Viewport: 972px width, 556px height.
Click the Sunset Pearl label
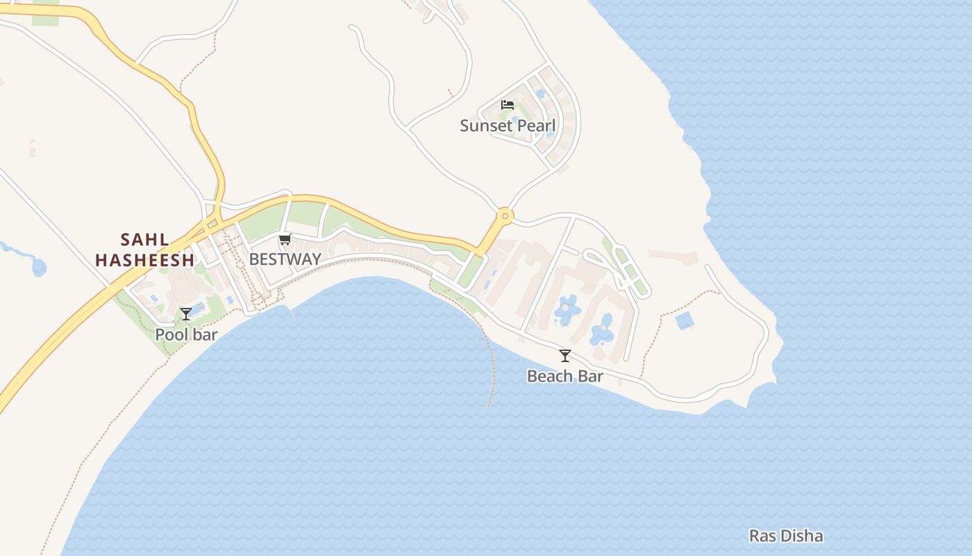(508, 126)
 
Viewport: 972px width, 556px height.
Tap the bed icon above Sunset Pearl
(508, 105)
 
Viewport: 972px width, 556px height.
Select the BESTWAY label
(285, 259)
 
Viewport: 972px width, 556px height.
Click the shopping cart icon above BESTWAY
(284, 240)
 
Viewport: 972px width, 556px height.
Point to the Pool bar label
(186, 334)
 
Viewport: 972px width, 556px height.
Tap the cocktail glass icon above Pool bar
(186, 314)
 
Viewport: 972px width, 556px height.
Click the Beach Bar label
(565, 377)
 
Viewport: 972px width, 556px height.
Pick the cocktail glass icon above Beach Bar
(565, 356)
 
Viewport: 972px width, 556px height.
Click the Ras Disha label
(786, 536)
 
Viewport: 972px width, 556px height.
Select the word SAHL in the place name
(144, 240)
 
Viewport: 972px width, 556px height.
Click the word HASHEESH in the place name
(144, 261)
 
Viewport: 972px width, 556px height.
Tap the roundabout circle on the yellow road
(505, 216)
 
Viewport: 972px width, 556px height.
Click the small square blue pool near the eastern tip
(684, 320)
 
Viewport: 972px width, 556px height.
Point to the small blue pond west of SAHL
(38, 266)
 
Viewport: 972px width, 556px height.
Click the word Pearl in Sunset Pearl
(536, 126)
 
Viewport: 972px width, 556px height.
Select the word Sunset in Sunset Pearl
(487, 126)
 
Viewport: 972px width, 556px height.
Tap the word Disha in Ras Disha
(802, 536)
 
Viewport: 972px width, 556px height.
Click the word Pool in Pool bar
(171, 334)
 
